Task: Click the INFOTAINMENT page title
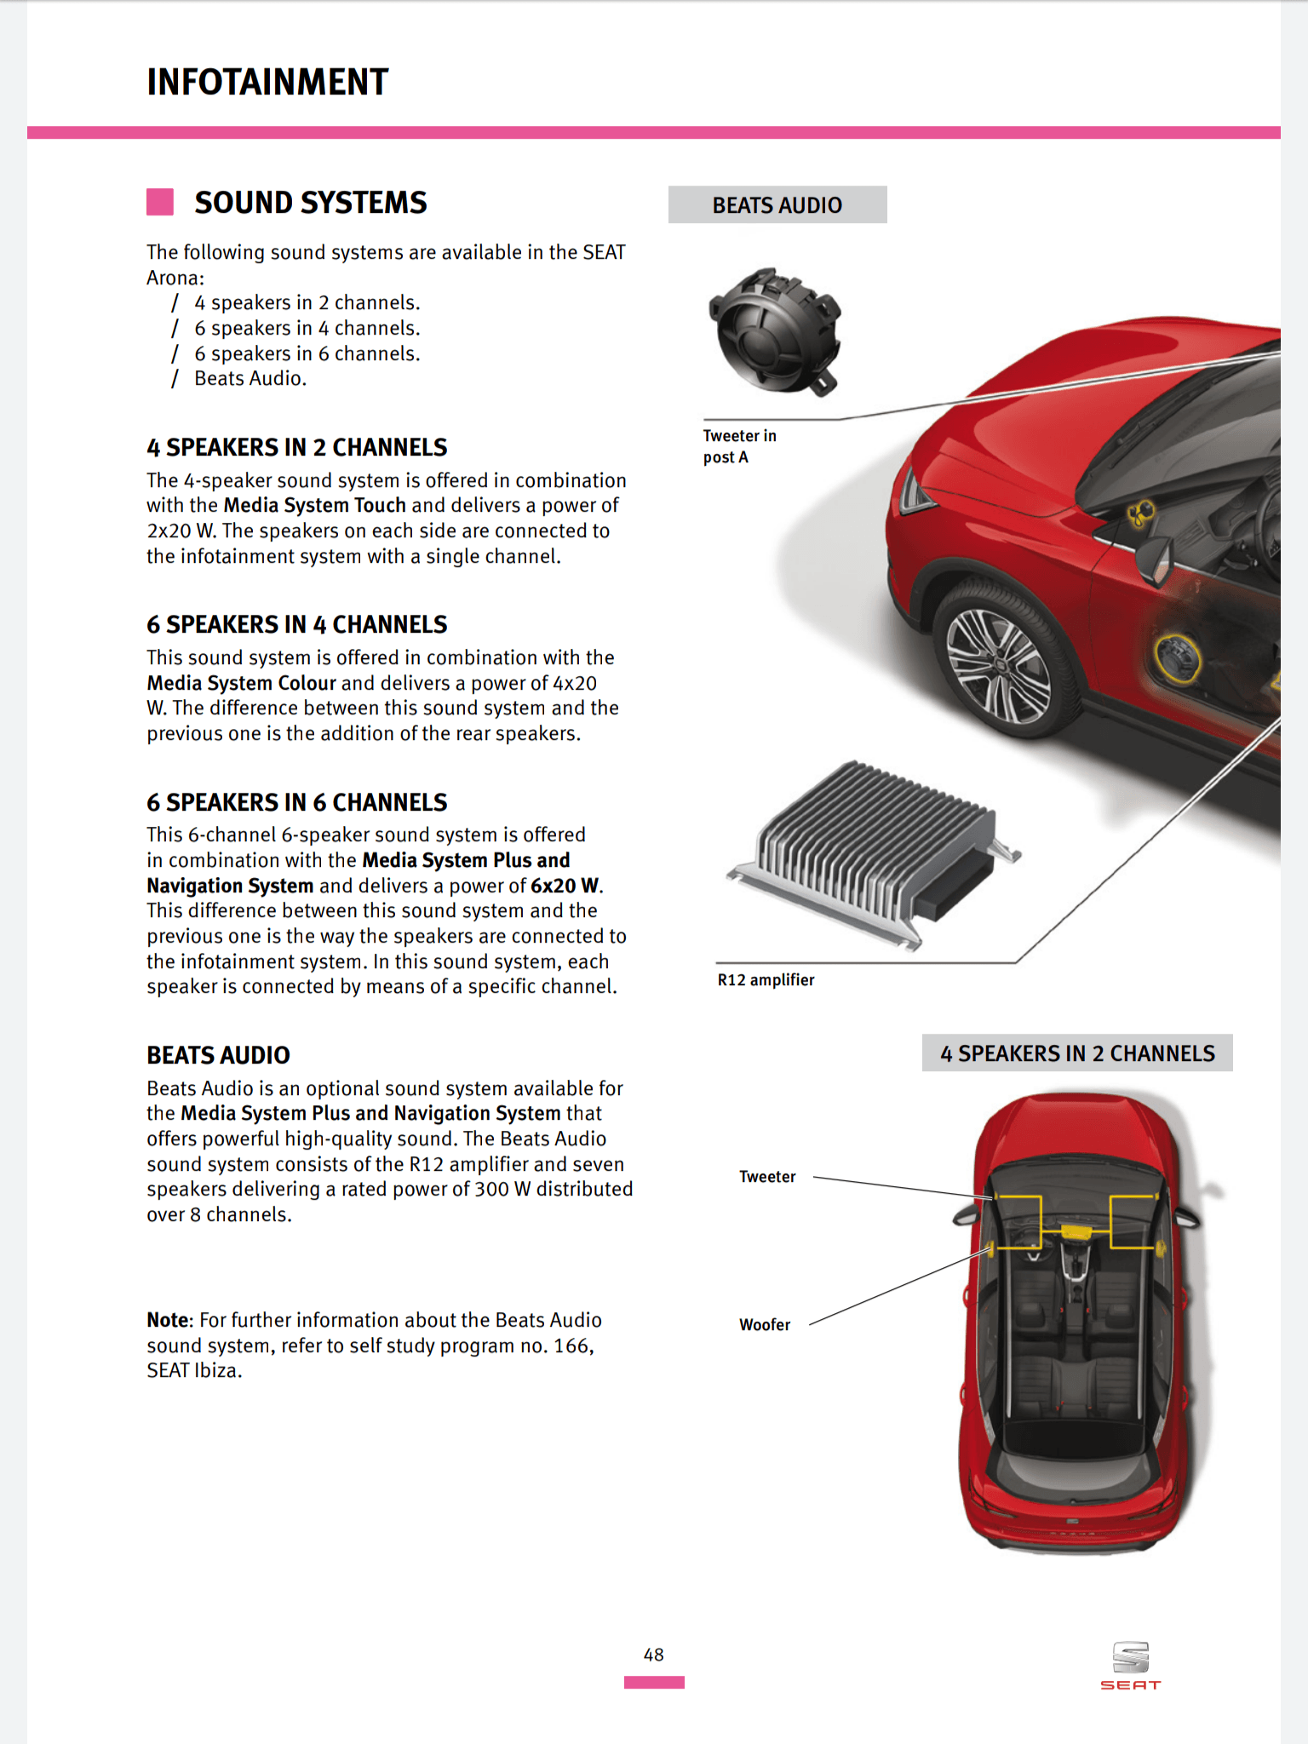point(267,83)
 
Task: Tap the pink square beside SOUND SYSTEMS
point(160,203)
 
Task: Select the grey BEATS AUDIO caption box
point(777,205)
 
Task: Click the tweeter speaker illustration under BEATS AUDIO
point(776,331)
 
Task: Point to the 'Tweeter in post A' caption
point(738,446)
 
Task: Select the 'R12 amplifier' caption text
point(766,980)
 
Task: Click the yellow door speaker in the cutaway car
point(1177,658)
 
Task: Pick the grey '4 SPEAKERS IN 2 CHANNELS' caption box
point(1077,1053)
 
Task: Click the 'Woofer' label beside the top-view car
point(764,1325)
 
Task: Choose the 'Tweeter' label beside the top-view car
point(767,1177)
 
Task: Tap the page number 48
point(653,1655)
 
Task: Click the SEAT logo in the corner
point(1130,1666)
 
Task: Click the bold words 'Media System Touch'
point(314,506)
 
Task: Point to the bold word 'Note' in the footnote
point(169,1320)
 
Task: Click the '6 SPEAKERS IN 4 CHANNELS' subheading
point(296,625)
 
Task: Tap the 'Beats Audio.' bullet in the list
point(250,379)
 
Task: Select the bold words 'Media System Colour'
point(241,683)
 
